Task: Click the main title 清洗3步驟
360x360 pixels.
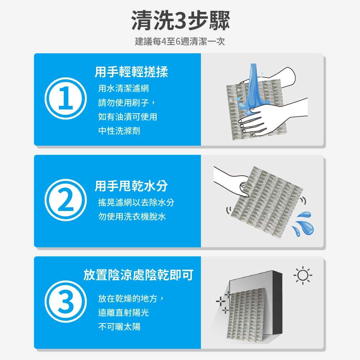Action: click(180, 21)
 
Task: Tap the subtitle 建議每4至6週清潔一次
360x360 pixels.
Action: click(180, 41)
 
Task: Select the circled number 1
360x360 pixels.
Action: click(66, 98)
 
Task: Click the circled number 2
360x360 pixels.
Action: click(66, 200)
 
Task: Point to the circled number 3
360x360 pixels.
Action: click(66, 301)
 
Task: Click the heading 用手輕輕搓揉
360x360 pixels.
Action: click(131, 72)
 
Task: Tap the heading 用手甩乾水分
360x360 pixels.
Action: click(131, 186)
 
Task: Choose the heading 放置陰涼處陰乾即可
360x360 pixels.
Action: click(139, 275)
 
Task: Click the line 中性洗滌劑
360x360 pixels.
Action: click(119, 131)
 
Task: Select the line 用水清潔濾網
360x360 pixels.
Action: click(123, 89)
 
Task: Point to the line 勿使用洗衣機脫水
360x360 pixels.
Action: click(132, 216)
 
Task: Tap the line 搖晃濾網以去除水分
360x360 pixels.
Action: click(136, 202)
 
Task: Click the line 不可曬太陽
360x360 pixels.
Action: click(119, 327)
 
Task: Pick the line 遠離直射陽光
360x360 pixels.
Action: click(123, 313)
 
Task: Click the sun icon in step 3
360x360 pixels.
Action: click(303, 275)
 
